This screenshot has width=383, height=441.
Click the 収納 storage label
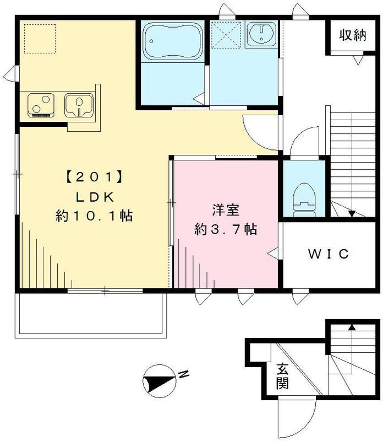click(352, 36)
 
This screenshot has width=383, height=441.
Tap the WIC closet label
click(329, 254)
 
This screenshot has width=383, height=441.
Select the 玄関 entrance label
click(282, 377)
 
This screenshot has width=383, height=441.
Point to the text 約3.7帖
click(226, 229)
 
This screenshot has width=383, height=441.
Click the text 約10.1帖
click(94, 216)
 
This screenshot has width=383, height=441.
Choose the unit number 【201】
click(94, 178)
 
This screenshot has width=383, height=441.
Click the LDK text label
click(94, 197)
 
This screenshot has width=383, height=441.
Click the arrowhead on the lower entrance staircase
click(352, 327)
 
